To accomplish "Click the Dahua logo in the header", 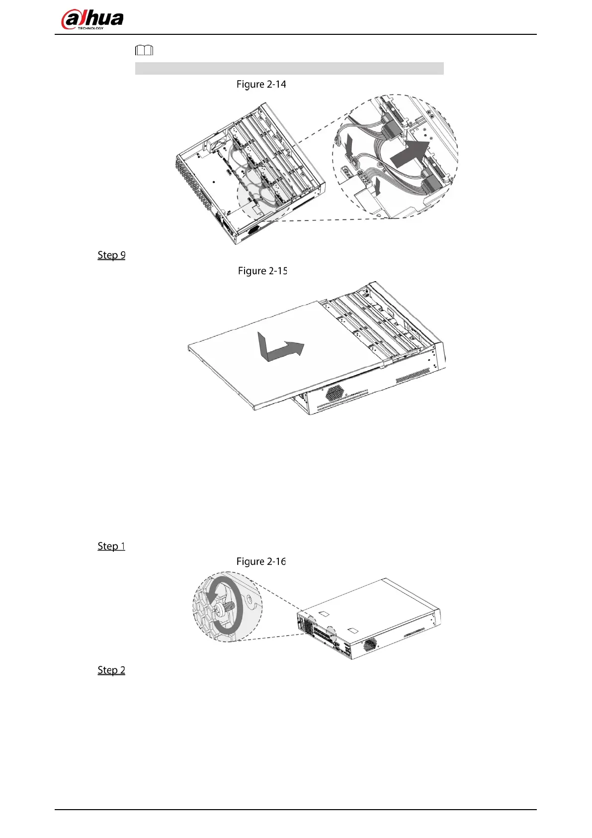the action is tap(92, 20).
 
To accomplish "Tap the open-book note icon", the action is tap(144, 50).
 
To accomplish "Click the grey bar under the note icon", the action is tap(289, 69).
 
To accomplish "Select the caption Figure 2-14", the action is tap(261, 85).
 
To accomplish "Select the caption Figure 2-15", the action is tap(262, 271).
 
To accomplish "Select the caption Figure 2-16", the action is tap(261, 561).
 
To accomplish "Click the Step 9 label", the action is tap(111, 255).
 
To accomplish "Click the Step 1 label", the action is tap(111, 546).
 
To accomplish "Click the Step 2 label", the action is tap(111, 670).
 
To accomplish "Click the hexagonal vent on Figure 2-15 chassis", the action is tap(335, 393).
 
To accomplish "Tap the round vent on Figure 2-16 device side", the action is tap(370, 644).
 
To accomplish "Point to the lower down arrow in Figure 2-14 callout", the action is tap(378, 186).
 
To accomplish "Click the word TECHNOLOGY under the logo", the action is tap(90, 28).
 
